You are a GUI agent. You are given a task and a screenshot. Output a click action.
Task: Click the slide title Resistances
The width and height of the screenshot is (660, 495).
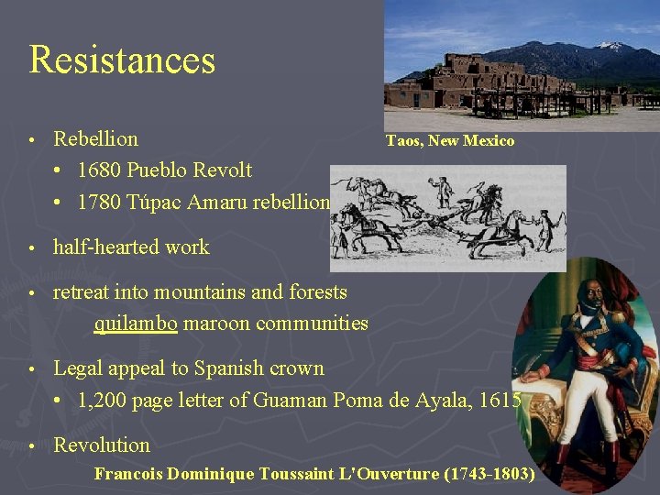pyautogui.click(x=122, y=60)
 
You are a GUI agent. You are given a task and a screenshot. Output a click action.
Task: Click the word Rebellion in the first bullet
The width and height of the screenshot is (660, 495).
pyautogui.click(x=96, y=139)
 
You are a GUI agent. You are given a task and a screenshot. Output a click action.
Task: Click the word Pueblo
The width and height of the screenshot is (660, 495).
pyautogui.click(x=157, y=170)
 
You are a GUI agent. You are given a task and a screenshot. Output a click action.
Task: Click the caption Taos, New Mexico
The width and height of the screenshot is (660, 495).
pyautogui.click(x=450, y=141)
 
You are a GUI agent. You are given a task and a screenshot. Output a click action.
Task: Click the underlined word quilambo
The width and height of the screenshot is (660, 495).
pyautogui.click(x=136, y=324)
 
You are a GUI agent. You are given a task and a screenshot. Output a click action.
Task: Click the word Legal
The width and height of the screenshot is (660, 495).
pyautogui.click(x=77, y=368)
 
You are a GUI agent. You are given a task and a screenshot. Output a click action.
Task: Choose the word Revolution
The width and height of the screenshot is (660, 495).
pyautogui.click(x=102, y=445)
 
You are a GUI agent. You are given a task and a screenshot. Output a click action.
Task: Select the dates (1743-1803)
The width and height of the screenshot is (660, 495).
pyautogui.click(x=489, y=475)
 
